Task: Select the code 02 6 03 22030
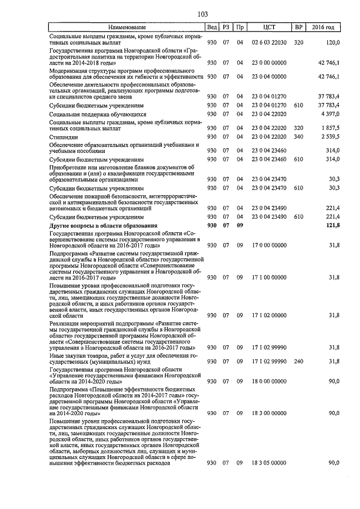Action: pos(269,42)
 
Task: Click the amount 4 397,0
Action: pos(330,114)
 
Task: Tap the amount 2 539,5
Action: pos(330,137)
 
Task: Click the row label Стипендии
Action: pos(62,137)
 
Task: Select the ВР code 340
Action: pos(298,137)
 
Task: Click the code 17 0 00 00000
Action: pos(269,245)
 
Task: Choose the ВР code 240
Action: pos(298,361)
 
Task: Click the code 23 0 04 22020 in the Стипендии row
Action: pos(269,137)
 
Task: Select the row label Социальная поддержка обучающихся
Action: pos(90,114)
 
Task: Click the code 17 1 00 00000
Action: pos(269,277)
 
